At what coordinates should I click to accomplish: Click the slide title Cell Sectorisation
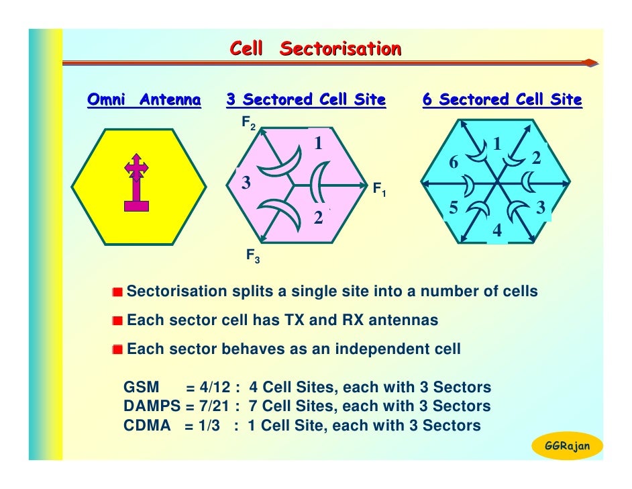click(x=315, y=49)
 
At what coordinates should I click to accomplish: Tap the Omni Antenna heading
click(x=144, y=101)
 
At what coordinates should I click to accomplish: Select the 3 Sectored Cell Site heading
click(x=306, y=101)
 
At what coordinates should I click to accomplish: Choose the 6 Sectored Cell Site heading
click(x=502, y=101)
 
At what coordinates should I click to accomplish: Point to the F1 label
click(x=380, y=189)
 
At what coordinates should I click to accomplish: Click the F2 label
click(x=249, y=124)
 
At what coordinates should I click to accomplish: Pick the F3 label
click(x=253, y=255)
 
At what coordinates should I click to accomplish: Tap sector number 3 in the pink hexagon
click(x=246, y=183)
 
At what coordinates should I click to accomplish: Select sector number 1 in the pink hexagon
click(x=319, y=144)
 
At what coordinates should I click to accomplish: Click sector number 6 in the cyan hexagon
click(x=454, y=163)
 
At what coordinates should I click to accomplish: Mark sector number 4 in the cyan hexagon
click(x=497, y=231)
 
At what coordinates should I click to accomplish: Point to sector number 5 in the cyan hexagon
click(x=454, y=208)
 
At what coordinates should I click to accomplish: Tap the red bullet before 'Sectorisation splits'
click(x=118, y=292)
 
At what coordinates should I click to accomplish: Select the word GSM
click(x=142, y=388)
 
